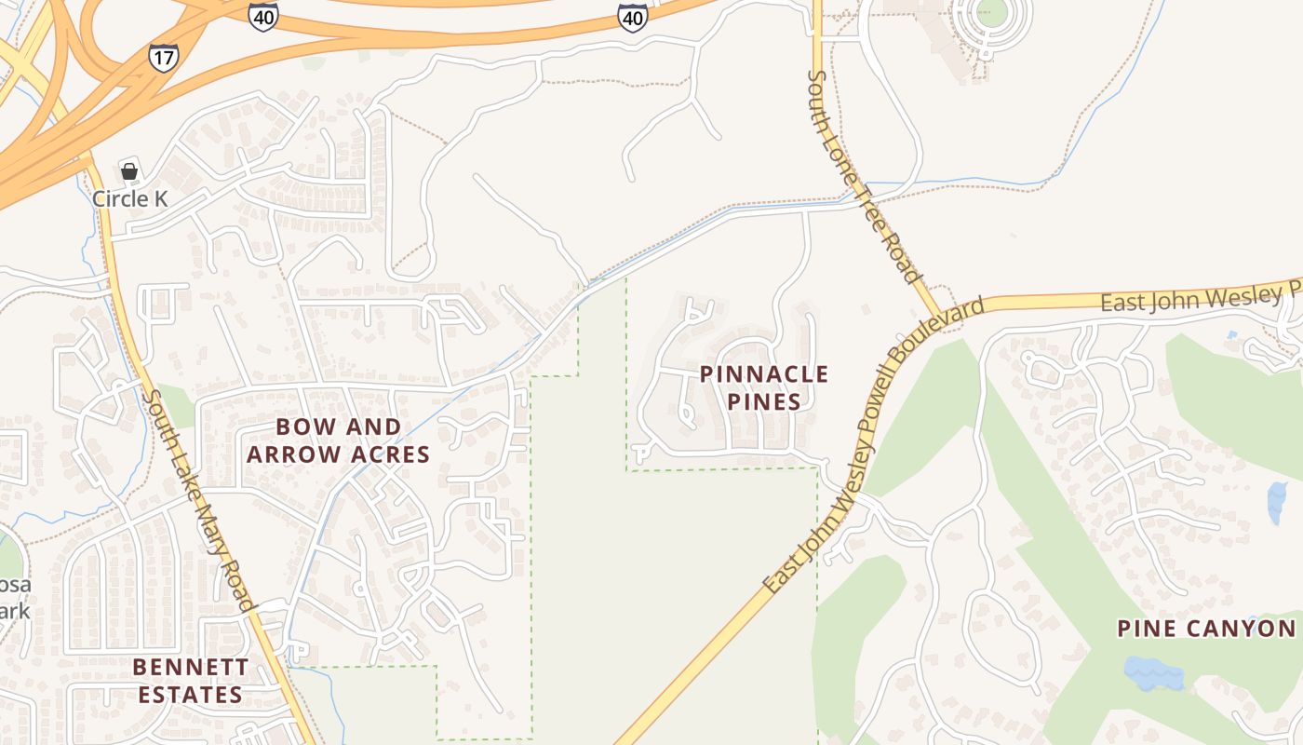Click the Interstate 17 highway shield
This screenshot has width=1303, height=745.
[x=163, y=56]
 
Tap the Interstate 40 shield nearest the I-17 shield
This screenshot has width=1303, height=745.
[x=263, y=16]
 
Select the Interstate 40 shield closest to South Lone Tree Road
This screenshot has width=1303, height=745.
[x=633, y=16]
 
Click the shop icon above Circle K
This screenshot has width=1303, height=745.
[x=129, y=171]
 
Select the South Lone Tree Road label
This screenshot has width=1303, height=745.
[x=864, y=176]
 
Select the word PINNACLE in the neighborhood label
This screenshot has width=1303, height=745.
[x=763, y=374]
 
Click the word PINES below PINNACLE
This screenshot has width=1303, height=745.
[x=763, y=401]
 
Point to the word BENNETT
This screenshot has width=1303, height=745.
[x=190, y=667]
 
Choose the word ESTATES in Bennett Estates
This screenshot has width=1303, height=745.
[x=190, y=694]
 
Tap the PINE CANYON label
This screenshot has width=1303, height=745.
[x=1206, y=629]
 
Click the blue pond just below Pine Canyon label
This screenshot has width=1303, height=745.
[x=1152, y=671]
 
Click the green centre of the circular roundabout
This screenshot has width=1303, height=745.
[x=992, y=12]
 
